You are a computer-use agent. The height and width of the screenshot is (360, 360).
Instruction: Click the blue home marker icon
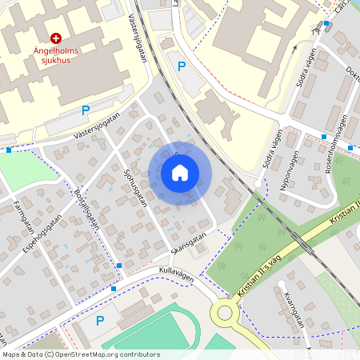(x=180, y=172)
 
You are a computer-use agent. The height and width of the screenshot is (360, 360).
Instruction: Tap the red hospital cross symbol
(x=56, y=38)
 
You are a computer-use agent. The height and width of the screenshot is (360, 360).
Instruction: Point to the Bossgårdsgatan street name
(x=86, y=210)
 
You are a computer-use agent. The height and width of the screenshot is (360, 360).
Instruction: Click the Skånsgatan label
(x=188, y=240)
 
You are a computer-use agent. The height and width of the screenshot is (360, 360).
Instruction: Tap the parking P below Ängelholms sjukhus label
(x=85, y=110)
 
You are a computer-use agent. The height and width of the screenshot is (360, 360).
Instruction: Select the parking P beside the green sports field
(x=100, y=321)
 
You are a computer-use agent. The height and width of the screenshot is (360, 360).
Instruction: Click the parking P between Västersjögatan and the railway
(x=182, y=66)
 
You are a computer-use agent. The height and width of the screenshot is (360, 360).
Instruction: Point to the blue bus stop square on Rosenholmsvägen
(x=325, y=137)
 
